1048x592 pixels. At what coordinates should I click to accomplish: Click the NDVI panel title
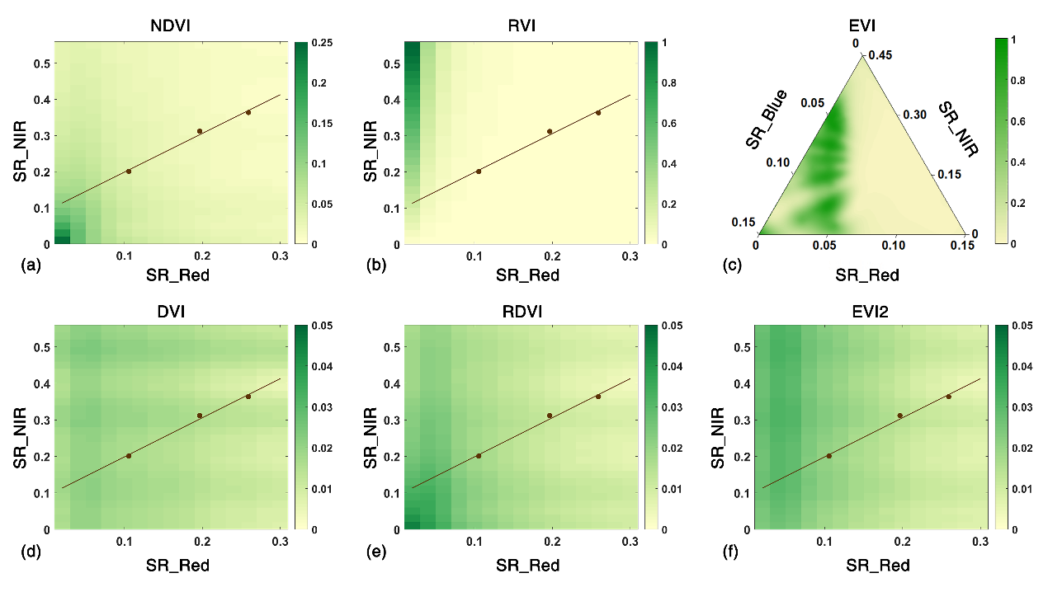(171, 26)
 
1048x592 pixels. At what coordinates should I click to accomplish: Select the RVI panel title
(522, 26)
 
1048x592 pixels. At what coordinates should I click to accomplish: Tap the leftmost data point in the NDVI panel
(129, 171)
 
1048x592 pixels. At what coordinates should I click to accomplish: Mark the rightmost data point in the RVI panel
(598, 112)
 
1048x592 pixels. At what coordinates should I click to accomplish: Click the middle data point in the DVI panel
(200, 416)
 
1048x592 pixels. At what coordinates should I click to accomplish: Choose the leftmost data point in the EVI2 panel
(829, 455)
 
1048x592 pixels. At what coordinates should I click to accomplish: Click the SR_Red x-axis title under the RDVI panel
(527, 565)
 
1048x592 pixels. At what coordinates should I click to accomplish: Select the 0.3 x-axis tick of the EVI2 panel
(980, 541)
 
